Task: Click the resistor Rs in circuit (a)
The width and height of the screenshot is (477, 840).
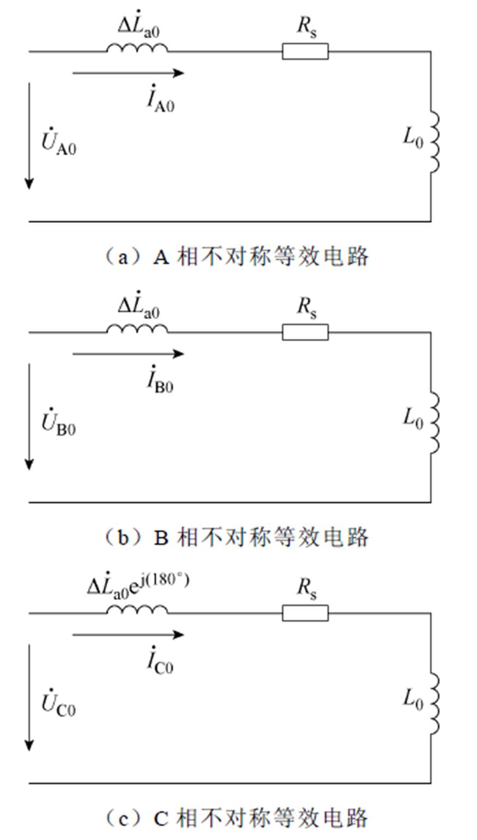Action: pyautogui.click(x=305, y=52)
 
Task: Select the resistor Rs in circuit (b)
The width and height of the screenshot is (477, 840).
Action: pyautogui.click(x=305, y=332)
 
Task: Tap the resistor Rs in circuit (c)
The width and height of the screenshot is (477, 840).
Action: pyautogui.click(x=305, y=613)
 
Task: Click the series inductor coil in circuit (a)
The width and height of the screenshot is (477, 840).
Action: pyautogui.click(x=137, y=49)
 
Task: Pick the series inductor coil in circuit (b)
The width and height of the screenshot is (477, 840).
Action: pyautogui.click(x=137, y=329)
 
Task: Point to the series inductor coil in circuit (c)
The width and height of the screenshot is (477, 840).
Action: pyautogui.click(x=137, y=610)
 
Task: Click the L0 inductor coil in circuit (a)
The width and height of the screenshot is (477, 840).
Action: pyautogui.click(x=434, y=143)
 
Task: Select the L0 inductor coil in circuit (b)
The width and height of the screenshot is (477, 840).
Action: pyautogui.click(x=434, y=423)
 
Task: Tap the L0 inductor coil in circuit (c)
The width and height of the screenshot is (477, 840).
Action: pyautogui.click(x=434, y=704)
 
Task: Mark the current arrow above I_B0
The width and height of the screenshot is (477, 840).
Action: pyautogui.click(x=128, y=354)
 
